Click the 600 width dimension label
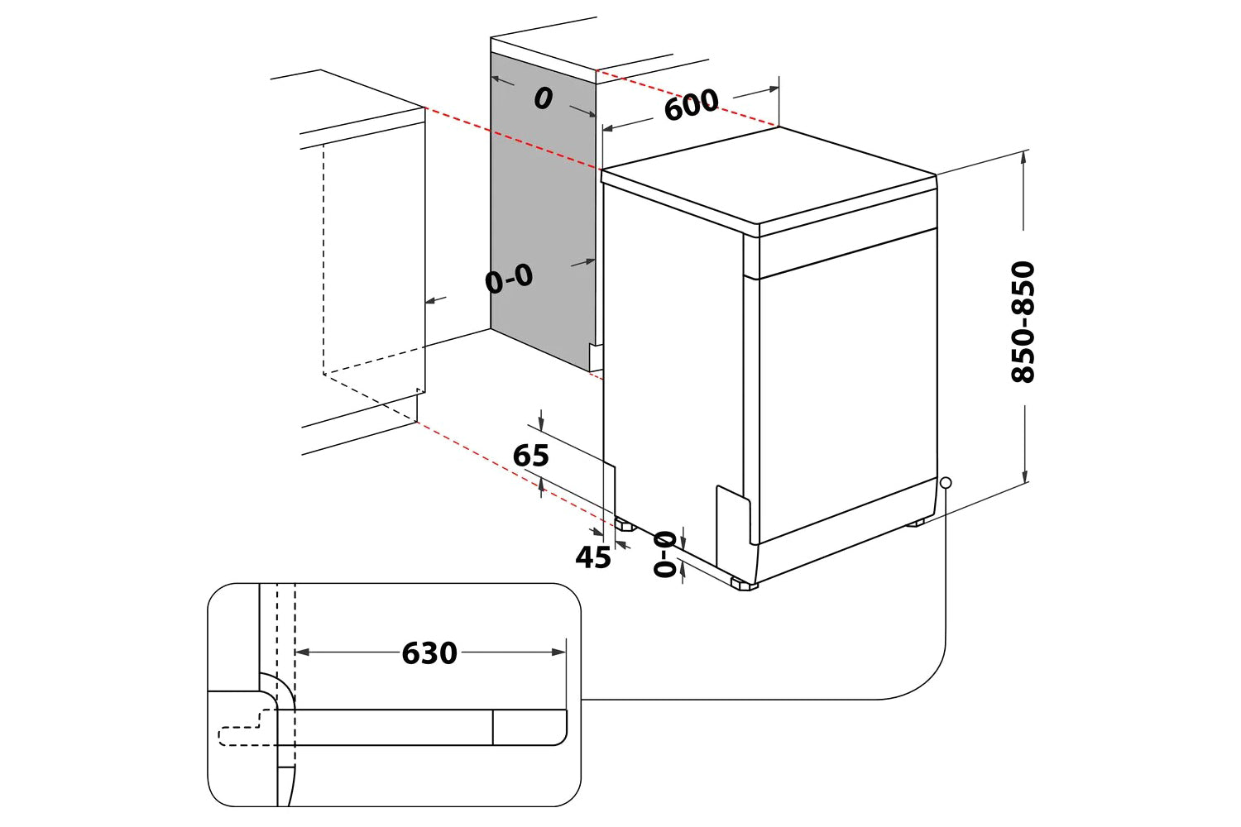(x=692, y=105)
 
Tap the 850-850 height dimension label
(x=1023, y=322)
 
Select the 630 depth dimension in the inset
(x=429, y=653)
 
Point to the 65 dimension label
(x=531, y=456)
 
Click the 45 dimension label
(x=593, y=557)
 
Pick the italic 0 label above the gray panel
(x=543, y=99)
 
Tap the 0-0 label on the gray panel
(x=509, y=280)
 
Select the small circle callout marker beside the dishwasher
(x=946, y=483)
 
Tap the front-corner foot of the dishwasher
(x=744, y=584)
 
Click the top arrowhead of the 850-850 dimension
(x=1025, y=157)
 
